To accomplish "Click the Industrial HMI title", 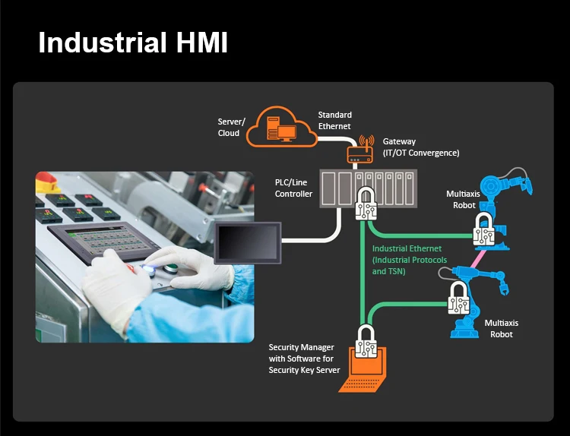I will pyautogui.click(x=133, y=42).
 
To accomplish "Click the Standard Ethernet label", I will pyautogui.click(x=334, y=121).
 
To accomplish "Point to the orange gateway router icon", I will pyautogui.click(x=363, y=153).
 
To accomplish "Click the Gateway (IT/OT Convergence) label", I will pyautogui.click(x=420, y=147).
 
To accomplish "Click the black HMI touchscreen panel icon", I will pyautogui.click(x=248, y=242).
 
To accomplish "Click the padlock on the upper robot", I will pyautogui.click(x=484, y=228).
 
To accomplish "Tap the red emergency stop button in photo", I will pyautogui.click(x=47, y=182).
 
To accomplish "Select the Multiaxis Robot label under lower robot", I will pyautogui.click(x=501, y=328).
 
